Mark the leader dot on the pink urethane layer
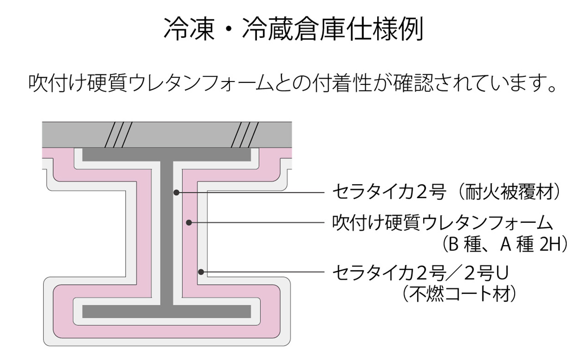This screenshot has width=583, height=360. point(189,223)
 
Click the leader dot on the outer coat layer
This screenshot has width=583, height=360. point(201,273)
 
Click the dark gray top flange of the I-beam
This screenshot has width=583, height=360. point(167,155)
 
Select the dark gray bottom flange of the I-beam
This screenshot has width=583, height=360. point(167,311)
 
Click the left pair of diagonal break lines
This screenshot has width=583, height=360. point(118,135)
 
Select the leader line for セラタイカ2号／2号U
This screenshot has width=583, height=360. point(264,273)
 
